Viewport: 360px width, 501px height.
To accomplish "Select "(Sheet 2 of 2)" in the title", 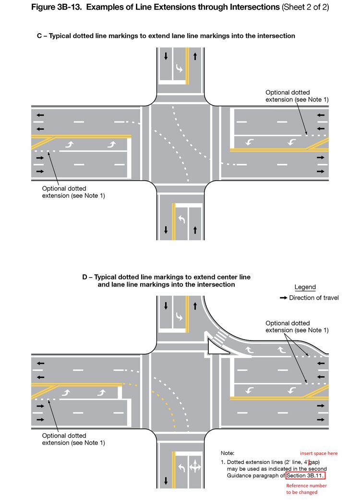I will pos(305,8).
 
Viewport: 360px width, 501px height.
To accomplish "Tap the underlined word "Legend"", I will pos(305,287).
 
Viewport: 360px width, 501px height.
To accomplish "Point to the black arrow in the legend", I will pos(283,298).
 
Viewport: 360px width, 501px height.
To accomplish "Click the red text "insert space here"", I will pos(319,453).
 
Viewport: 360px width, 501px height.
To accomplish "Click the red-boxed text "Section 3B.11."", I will pos(305,476).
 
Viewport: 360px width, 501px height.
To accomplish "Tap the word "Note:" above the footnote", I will pos(228,453).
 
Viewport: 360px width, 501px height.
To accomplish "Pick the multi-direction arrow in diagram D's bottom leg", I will pos(195,468).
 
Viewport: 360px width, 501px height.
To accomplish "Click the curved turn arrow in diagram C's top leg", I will pos(179,69).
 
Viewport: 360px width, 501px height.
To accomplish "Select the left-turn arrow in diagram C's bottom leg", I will pos(182,219).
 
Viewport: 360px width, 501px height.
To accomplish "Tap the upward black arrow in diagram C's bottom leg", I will pos(195,230).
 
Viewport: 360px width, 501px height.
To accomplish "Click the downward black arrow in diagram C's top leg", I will pos(166,56).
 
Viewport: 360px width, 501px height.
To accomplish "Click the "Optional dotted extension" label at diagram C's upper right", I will pos(297,96).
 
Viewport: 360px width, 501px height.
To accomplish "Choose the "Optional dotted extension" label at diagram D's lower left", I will pos(73,439).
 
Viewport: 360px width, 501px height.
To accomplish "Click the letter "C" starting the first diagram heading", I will pos(40,36).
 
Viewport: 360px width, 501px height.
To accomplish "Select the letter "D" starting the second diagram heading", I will pos(85,277).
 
